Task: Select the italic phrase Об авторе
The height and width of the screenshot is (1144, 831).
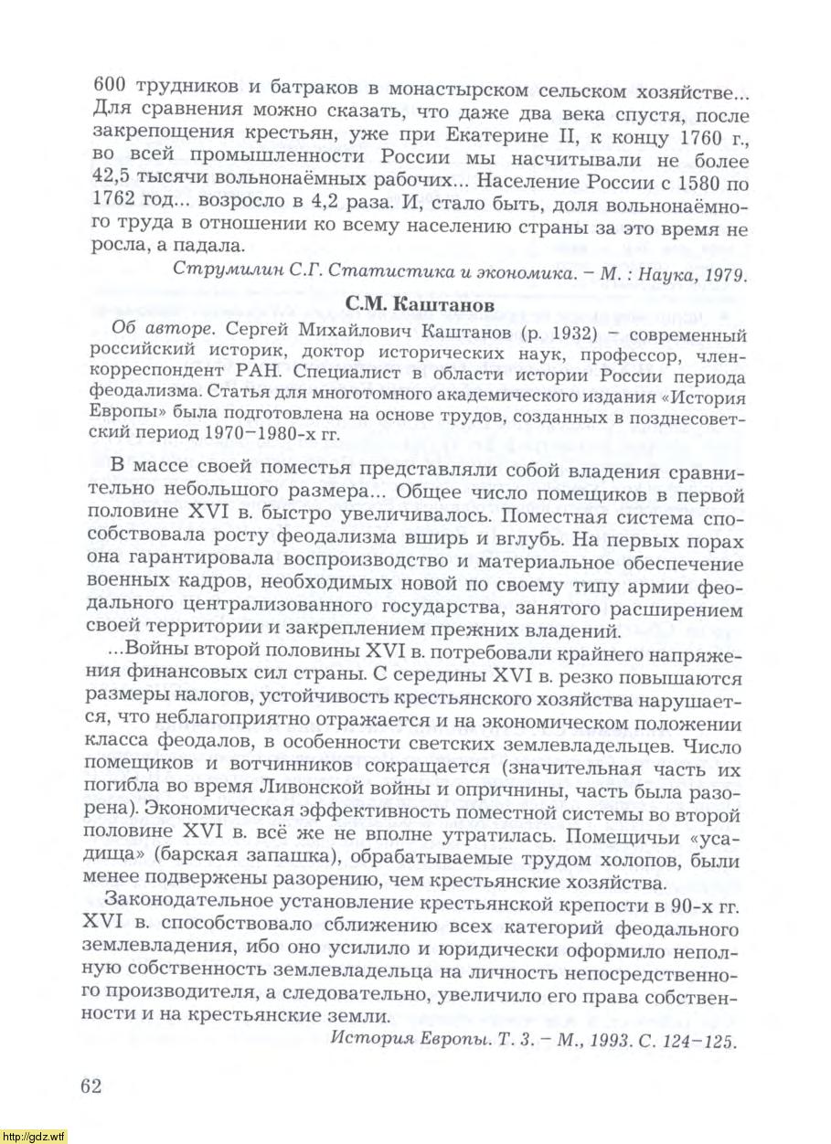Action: [x=145, y=330]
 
